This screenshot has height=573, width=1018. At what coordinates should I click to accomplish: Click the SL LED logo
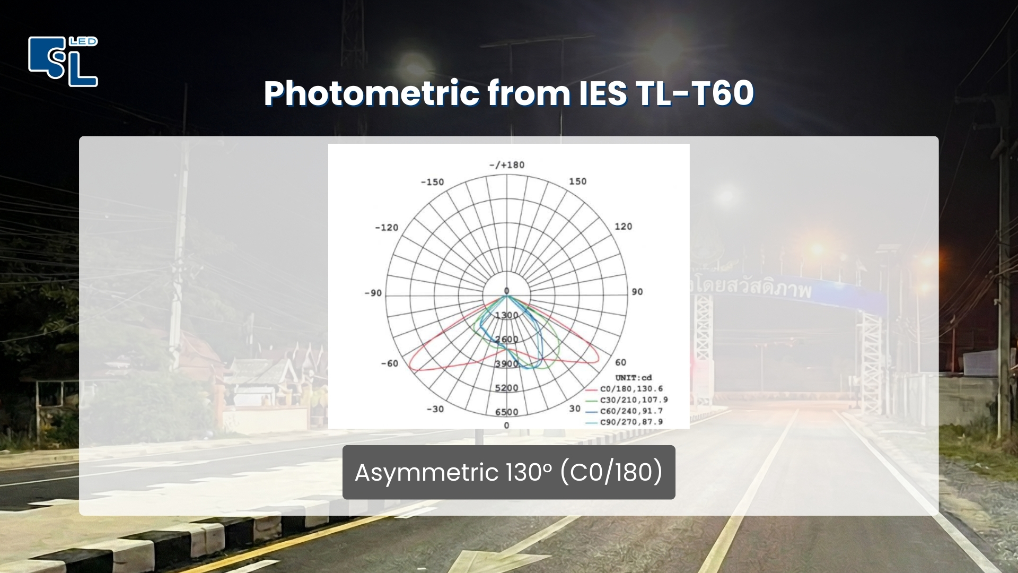coord(63,61)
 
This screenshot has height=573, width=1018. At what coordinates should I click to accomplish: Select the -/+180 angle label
coord(506,165)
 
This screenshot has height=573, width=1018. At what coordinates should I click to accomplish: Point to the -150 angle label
coord(432,182)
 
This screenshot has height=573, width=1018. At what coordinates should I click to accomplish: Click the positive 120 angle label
coord(623,227)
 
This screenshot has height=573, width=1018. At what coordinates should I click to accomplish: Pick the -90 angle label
coord(373,293)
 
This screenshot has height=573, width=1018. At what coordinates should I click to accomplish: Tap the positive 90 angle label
coord(637,292)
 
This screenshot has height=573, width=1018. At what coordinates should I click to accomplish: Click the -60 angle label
coord(389,363)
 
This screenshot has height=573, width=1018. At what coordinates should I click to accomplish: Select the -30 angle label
coord(435,409)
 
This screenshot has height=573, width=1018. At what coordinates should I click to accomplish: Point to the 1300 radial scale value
coord(506,315)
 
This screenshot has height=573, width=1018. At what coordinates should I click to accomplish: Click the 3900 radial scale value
coord(506,364)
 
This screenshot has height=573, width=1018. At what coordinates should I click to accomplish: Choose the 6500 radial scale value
coord(506,412)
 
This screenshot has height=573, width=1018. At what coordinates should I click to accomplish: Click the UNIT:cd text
coord(633,378)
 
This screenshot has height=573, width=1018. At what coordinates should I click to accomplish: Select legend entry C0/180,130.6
coord(631,389)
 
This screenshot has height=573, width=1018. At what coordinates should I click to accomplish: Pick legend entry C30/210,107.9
coord(634,400)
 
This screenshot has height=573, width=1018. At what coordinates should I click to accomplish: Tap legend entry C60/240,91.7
coord(631,411)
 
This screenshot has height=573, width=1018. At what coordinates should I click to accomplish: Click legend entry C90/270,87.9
coord(631,422)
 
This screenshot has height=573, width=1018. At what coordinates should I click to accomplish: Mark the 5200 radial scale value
coord(506,388)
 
